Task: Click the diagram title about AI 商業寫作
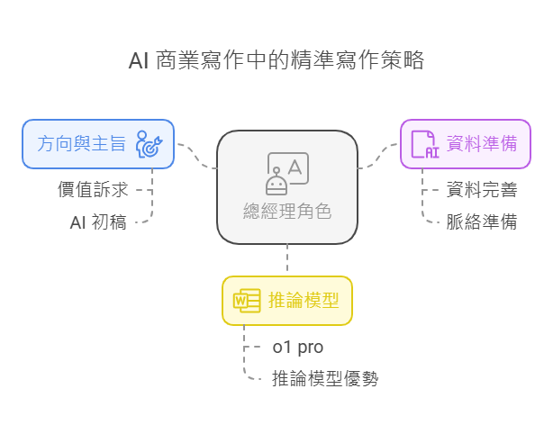click(276, 61)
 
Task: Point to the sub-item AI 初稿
click(98, 222)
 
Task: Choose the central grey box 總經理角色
click(287, 186)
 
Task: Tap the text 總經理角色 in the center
click(287, 212)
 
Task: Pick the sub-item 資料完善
click(482, 190)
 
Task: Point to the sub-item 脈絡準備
click(482, 222)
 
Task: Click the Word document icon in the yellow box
click(247, 301)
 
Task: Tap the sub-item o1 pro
click(297, 348)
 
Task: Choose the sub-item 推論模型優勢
click(324, 379)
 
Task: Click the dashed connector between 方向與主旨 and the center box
click(197, 158)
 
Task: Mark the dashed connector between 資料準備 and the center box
click(378, 158)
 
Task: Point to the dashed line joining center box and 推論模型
click(287, 259)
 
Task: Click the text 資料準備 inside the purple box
click(482, 143)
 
